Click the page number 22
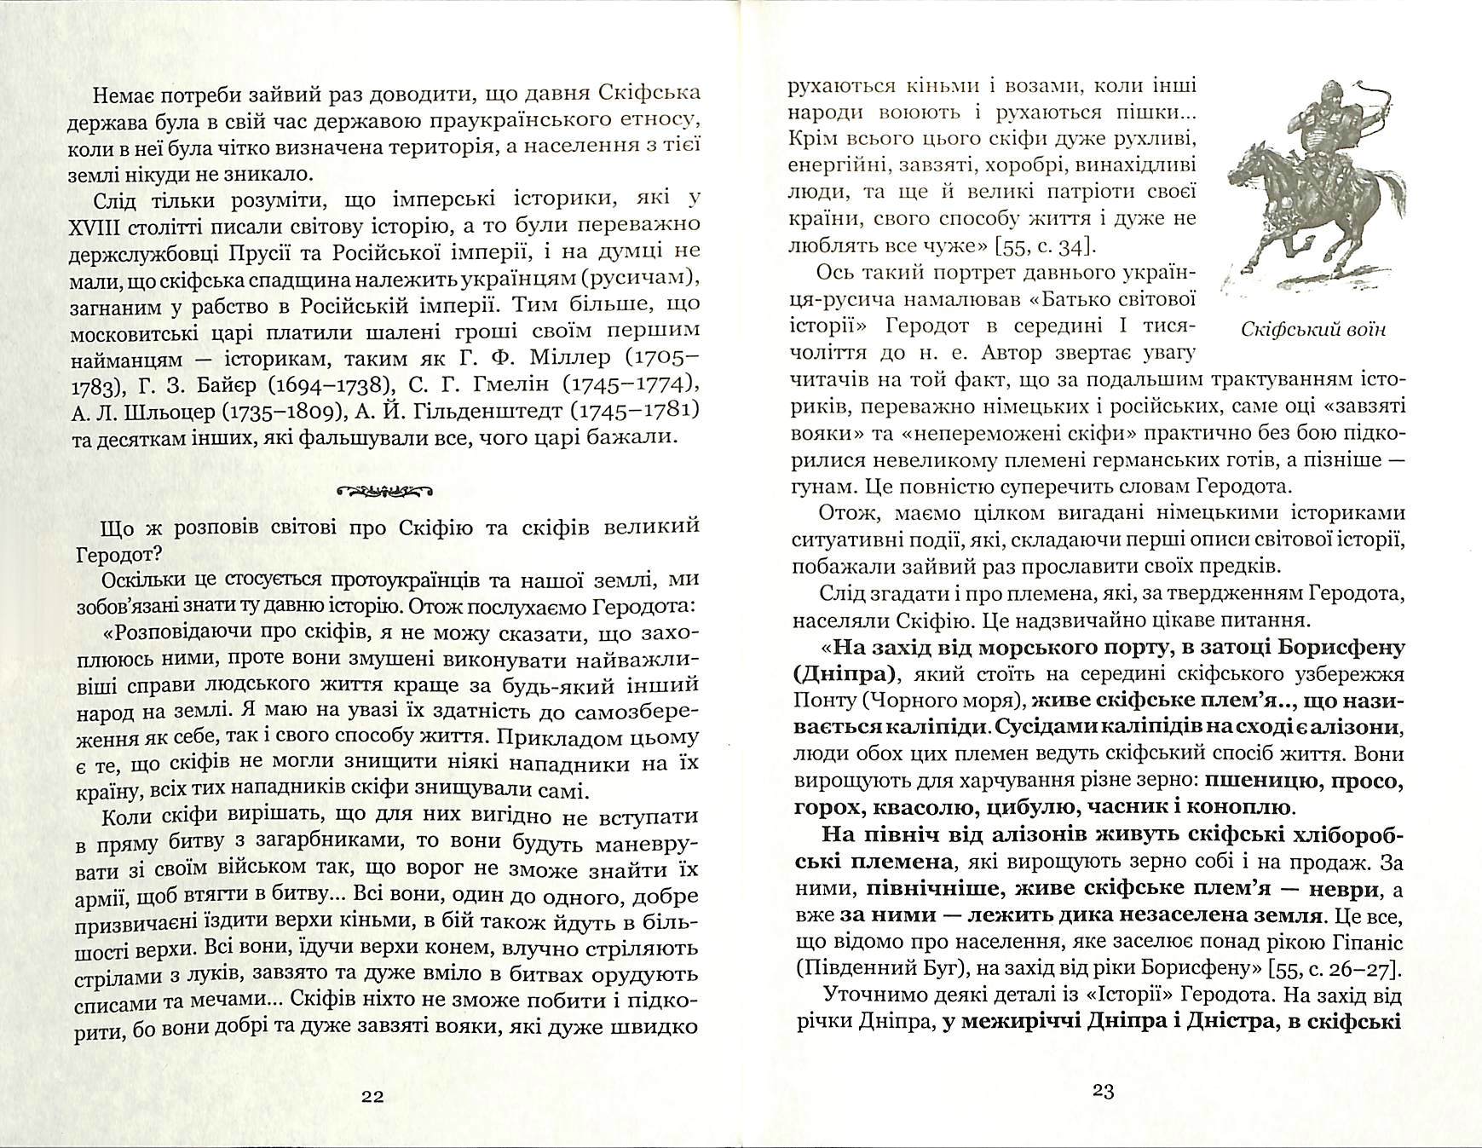coord(372,1095)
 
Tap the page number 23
coord(1103,1091)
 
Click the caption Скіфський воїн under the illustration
coord(1313,330)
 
